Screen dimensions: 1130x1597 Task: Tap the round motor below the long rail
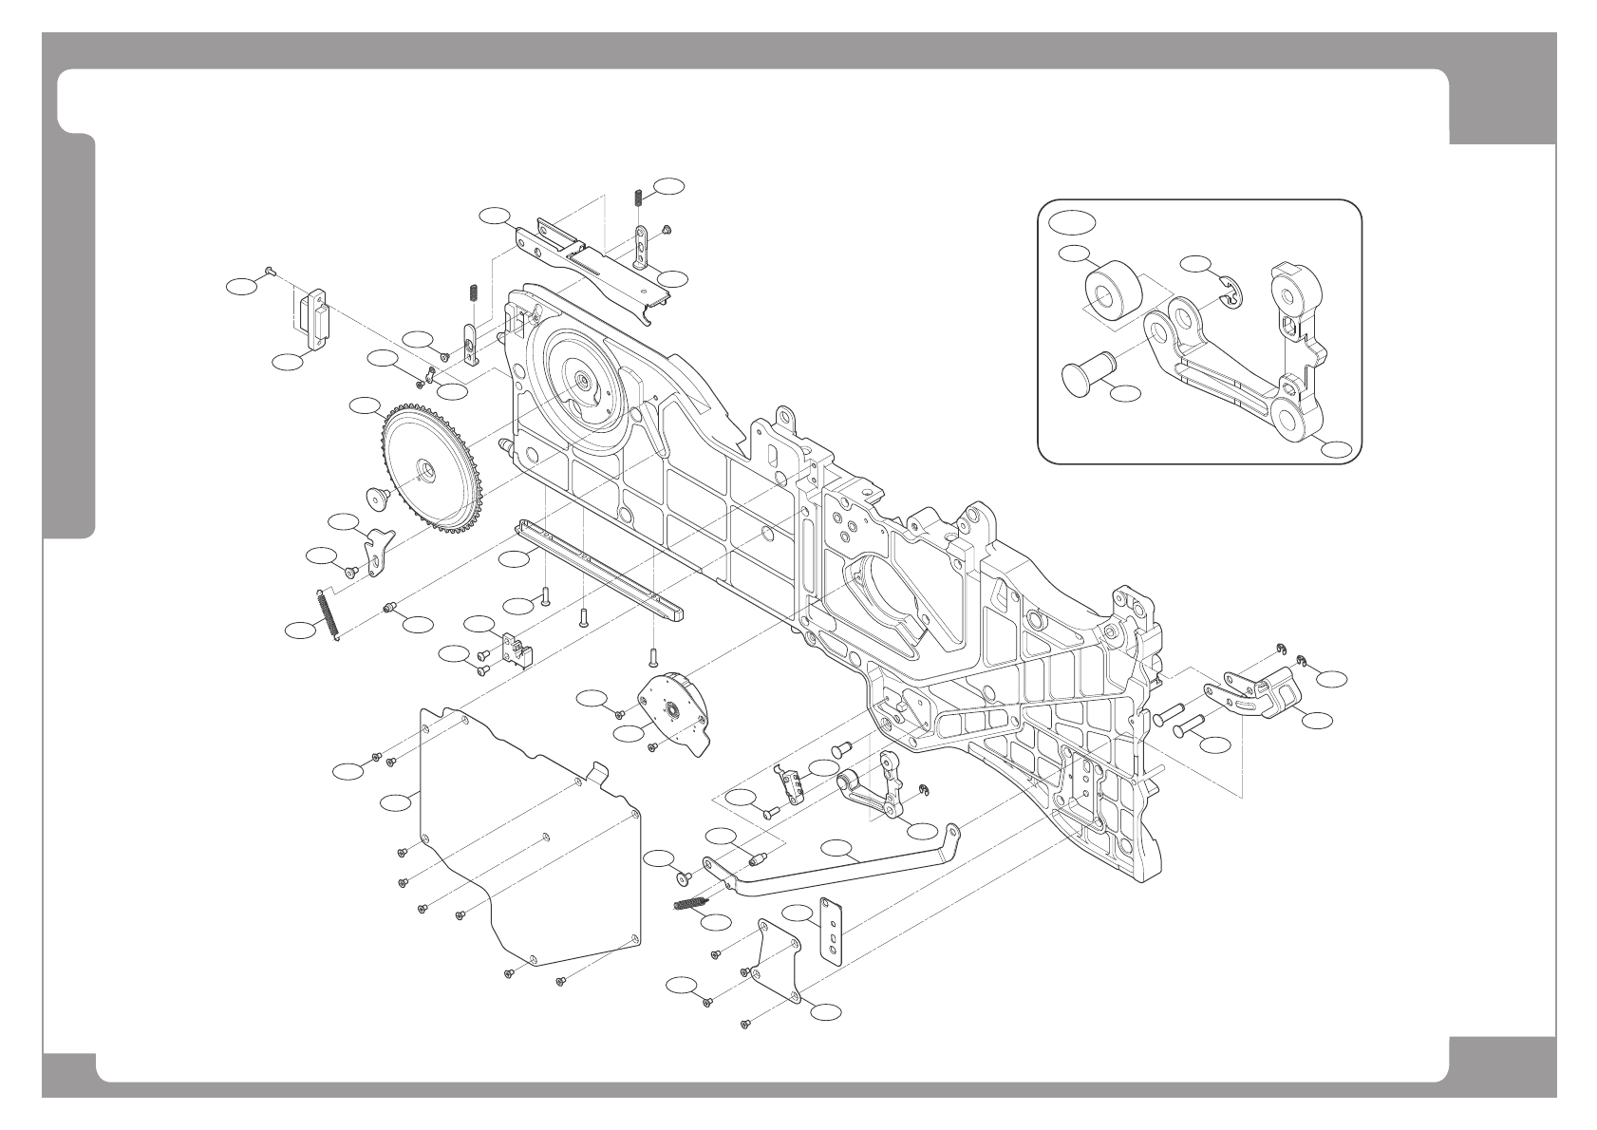point(676,707)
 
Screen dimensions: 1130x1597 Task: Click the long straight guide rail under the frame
point(598,575)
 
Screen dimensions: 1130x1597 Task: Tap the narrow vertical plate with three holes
point(831,932)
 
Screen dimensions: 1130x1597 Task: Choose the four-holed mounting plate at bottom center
point(779,959)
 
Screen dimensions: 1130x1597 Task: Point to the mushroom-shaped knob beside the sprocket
point(380,495)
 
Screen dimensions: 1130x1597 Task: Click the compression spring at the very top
point(638,197)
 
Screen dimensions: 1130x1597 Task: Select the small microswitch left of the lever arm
point(790,782)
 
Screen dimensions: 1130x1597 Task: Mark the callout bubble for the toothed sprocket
point(364,406)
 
